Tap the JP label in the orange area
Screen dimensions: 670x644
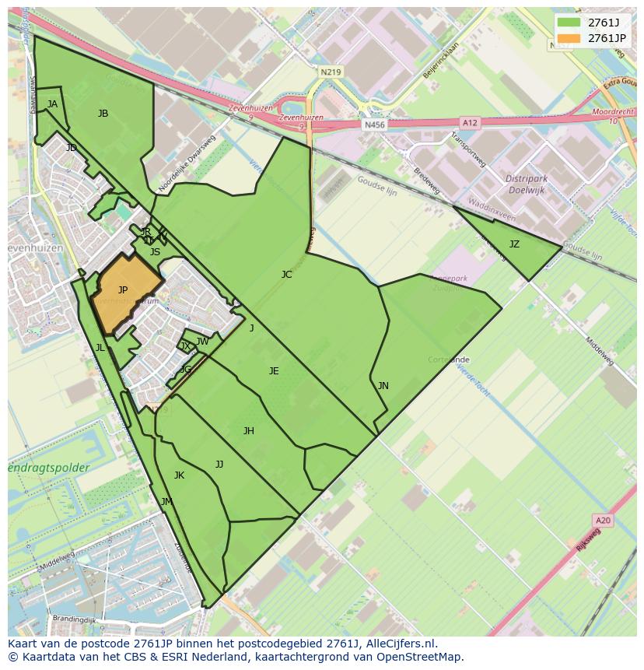coord(123,290)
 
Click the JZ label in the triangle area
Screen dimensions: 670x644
coord(514,244)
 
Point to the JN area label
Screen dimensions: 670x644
coord(383,385)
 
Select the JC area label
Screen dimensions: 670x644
coord(286,274)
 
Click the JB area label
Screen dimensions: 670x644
coord(103,114)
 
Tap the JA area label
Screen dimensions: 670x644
coord(52,103)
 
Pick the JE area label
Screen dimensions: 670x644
coord(274,371)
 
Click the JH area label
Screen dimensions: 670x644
coord(248,431)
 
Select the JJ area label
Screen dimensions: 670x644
coord(219,465)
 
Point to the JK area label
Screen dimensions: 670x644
coord(179,475)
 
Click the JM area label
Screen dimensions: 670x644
coord(166,502)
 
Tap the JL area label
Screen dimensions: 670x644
coord(100,348)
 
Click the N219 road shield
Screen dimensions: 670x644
coord(330,72)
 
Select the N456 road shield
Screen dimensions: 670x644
coord(374,125)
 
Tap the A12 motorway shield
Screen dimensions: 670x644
coord(469,122)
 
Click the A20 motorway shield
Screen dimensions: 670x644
coord(602,520)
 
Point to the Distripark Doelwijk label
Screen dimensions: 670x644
coord(527,184)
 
